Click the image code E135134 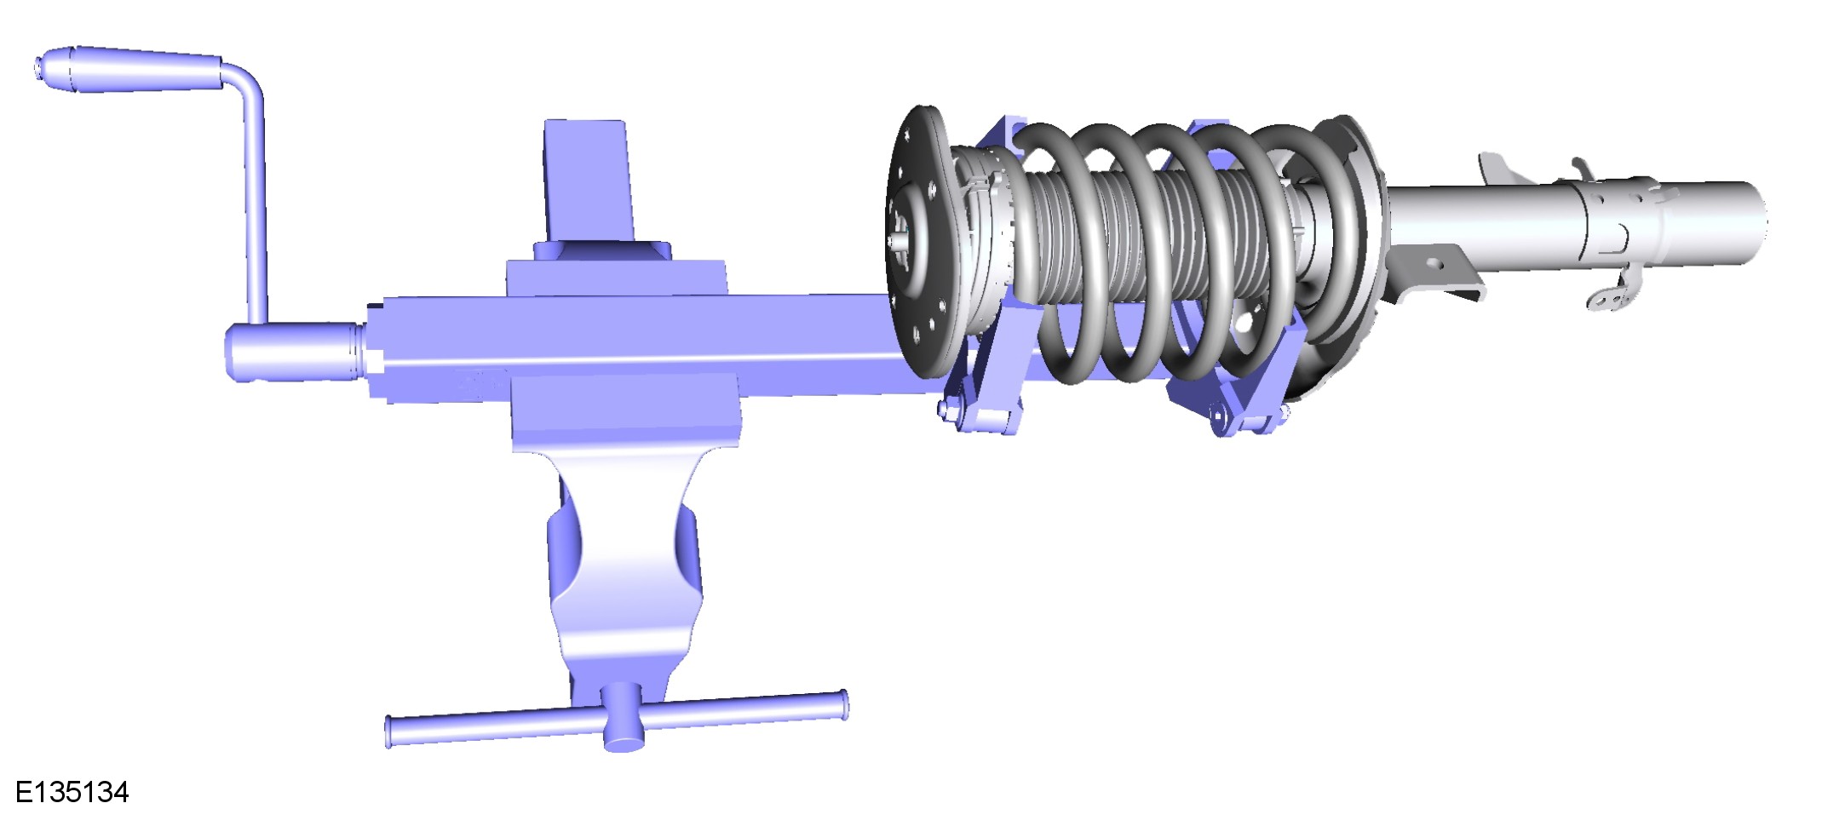click(72, 793)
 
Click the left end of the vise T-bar click(388, 732)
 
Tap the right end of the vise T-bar click(843, 706)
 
